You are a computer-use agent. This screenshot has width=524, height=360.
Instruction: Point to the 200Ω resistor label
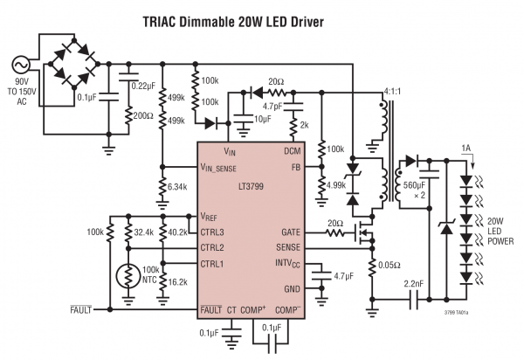pos(144,115)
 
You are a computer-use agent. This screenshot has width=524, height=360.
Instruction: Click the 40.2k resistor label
pos(177,232)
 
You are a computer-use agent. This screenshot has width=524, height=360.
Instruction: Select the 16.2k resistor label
pos(177,283)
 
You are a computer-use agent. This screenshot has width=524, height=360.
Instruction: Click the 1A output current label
pos(469,149)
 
